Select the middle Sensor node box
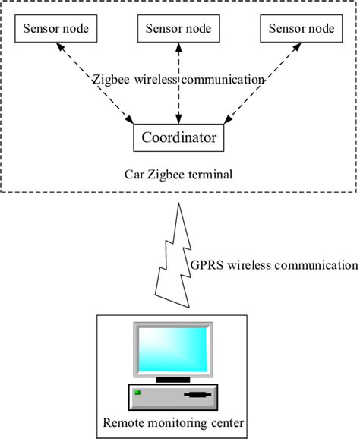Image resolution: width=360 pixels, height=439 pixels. coord(178,29)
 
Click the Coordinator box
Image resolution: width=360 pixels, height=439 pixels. coord(178,138)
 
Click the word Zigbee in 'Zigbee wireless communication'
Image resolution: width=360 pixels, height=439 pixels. coord(110,79)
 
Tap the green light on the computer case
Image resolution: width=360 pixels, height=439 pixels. coord(138,393)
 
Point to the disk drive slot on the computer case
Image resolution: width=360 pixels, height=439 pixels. coord(196,395)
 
